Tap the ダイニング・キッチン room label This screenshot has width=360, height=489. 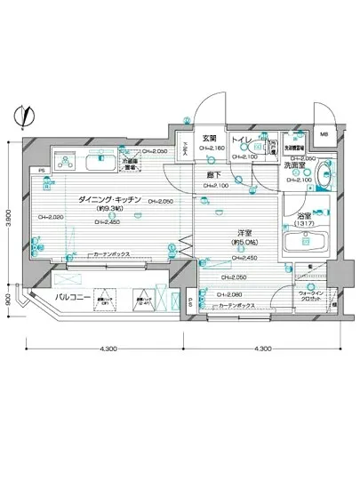[106, 200]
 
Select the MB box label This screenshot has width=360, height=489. [324, 134]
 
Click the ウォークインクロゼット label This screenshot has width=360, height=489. [311, 295]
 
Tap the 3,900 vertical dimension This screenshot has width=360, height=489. [10, 206]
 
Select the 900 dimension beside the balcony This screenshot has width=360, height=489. [10, 301]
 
